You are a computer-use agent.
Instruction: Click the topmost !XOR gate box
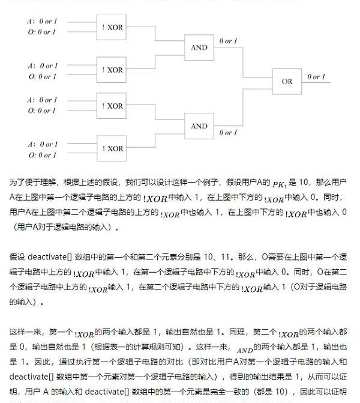click(112, 27)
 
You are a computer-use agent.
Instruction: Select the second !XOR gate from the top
click(112, 70)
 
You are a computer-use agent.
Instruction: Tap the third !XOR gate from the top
click(112, 106)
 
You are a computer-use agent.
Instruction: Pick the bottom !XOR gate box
click(112, 148)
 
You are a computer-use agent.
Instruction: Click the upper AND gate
click(199, 48)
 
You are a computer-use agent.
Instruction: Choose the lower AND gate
click(199, 126)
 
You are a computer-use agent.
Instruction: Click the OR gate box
click(287, 82)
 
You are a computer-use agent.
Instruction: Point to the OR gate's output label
click(316, 77)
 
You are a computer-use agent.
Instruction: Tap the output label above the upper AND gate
click(228, 41)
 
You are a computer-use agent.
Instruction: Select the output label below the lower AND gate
click(228, 133)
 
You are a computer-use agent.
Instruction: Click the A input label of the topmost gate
click(42, 22)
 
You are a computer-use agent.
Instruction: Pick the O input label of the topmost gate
click(42, 32)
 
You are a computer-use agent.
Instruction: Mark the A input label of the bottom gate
click(42, 144)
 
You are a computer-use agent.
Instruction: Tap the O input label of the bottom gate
click(42, 155)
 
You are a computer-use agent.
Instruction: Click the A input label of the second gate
click(42, 65)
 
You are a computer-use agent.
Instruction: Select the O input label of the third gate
click(42, 111)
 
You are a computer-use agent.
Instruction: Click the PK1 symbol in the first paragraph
click(280, 184)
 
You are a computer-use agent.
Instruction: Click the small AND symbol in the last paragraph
click(245, 350)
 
